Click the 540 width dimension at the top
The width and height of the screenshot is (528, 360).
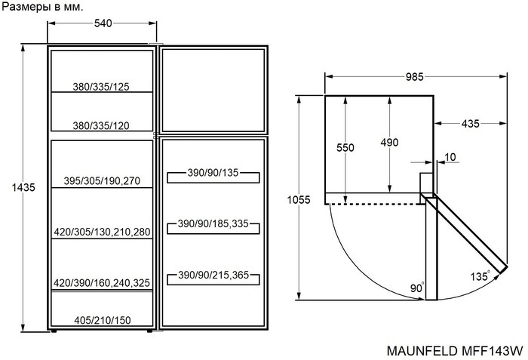[x=103, y=23]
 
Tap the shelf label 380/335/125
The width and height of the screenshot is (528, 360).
[x=101, y=87]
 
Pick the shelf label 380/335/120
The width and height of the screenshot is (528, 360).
[x=101, y=126]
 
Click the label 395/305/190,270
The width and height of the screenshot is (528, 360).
[x=102, y=181]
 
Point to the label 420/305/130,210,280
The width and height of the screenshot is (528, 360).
[x=102, y=232]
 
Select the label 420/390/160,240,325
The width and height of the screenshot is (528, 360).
[x=102, y=283]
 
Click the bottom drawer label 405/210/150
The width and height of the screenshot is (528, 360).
[x=102, y=321]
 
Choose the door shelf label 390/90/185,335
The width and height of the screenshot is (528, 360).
[x=213, y=225]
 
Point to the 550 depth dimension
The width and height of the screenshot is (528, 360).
[x=345, y=149]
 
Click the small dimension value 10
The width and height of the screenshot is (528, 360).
[x=450, y=158]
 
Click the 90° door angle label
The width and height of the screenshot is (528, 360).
[x=417, y=288]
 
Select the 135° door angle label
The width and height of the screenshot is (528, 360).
[x=480, y=275]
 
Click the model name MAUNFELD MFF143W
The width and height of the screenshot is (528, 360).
[x=455, y=351]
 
